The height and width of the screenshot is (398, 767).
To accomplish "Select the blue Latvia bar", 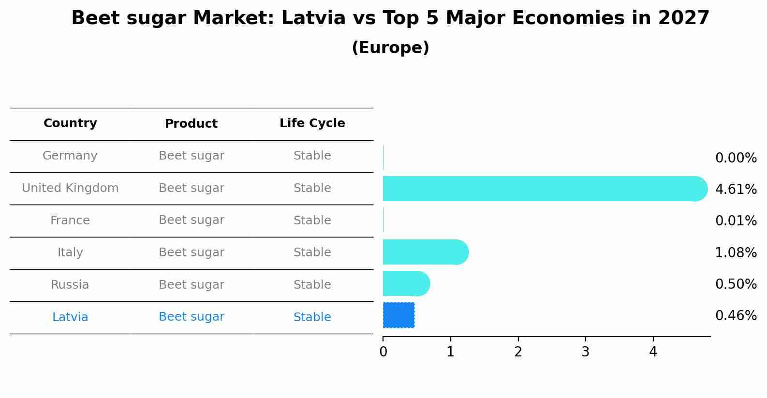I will point(398,315).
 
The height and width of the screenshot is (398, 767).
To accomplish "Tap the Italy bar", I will point(425,252).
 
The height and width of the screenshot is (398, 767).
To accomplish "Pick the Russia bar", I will point(406,283).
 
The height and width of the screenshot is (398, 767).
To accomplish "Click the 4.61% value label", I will point(736,189).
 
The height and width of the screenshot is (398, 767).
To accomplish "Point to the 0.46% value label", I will point(736,316).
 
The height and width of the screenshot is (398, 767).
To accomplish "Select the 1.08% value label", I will point(736,252).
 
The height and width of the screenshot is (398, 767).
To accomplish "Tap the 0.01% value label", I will point(736,221).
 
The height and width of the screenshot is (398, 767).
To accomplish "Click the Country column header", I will point(70,123).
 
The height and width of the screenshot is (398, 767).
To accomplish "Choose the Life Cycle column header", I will point(312,123).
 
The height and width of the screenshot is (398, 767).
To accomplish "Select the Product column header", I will point(191,124).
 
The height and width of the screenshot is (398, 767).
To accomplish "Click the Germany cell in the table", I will point(70,156).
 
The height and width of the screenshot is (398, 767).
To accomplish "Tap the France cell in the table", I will point(70,221).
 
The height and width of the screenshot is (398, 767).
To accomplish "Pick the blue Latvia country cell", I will point(70,317).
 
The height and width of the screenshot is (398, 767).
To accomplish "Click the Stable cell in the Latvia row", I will point(312,317).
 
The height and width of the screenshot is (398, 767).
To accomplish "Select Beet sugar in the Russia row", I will point(191,285).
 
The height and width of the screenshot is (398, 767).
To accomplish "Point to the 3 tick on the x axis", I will point(586,352).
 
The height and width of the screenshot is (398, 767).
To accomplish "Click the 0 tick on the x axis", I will point(383,352).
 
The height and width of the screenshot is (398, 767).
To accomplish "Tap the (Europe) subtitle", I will point(390,48).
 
